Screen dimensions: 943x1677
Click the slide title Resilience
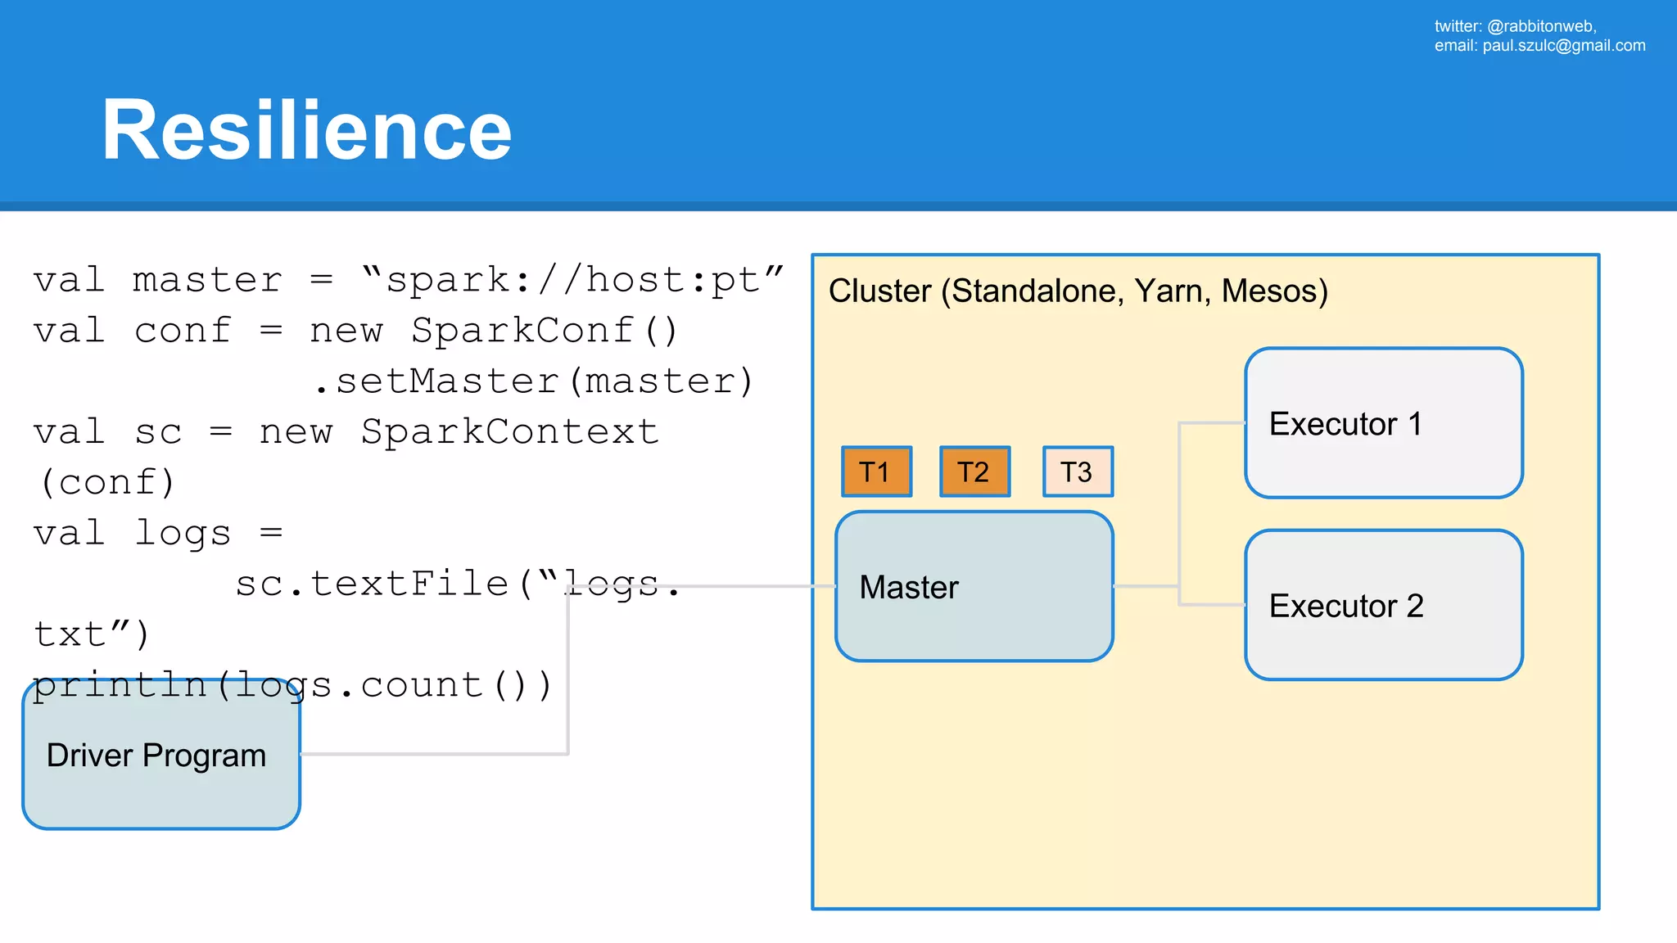coord(306,130)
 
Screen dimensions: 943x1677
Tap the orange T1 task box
coord(876,471)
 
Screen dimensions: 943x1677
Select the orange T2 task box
coord(974,471)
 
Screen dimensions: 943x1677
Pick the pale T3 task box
coord(1078,471)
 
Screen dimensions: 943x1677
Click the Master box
coord(974,586)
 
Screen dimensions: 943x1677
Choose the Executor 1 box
coord(1383,423)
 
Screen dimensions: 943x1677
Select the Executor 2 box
coord(1383,605)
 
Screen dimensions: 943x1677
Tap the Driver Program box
coord(161,755)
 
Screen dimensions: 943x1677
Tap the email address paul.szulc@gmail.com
coord(1563,46)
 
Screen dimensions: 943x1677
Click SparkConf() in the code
coord(545,331)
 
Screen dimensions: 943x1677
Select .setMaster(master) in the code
coord(534,381)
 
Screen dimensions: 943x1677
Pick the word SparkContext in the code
coord(509,432)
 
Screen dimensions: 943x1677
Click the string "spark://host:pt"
coord(572,280)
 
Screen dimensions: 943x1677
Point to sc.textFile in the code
coord(373,584)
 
